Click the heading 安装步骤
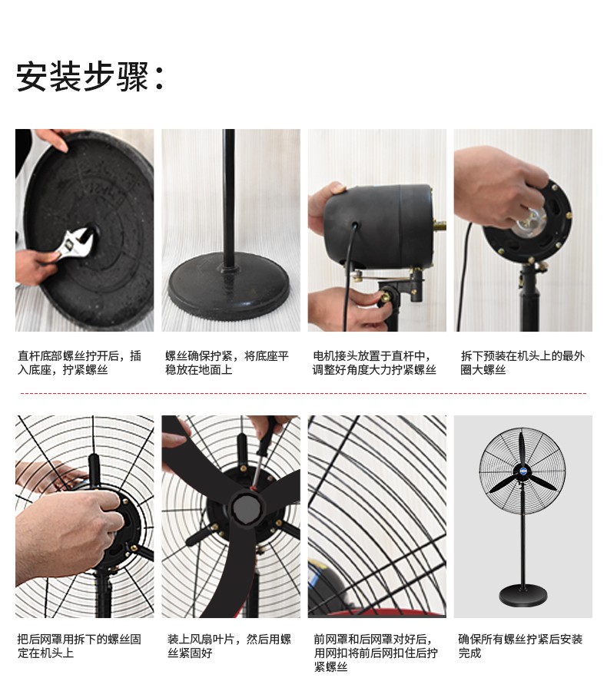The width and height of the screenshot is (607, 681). (x=83, y=77)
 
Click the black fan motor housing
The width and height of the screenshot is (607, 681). (x=378, y=226)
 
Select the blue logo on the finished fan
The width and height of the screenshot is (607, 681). (x=521, y=471)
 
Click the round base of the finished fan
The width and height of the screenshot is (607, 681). (x=522, y=594)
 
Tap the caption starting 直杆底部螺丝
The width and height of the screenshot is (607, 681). (x=79, y=362)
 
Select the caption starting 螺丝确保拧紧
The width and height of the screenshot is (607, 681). (x=227, y=362)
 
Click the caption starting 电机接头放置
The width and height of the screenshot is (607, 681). (x=374, y=362)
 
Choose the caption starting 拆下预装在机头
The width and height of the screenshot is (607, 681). (x=522, y=362)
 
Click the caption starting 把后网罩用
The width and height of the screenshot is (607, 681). (x=79, y=646)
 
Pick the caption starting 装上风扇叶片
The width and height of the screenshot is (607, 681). (x=229, y=646)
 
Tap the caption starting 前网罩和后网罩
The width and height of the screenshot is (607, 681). (x=376, y=653)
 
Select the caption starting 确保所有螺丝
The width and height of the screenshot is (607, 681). (x=520, y=646)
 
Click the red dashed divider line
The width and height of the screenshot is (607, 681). (x=303, y=394)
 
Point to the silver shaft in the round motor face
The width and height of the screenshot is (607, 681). (x=530, y=223)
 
